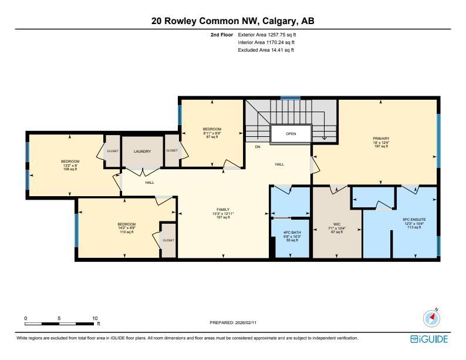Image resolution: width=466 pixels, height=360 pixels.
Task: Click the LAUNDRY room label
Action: [142, 152]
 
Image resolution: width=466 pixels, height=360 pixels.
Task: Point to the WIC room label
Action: [337, 224]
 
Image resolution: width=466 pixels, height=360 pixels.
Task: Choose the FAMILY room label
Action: [222, 210]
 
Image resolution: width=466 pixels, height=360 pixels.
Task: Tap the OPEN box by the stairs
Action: [291, 134]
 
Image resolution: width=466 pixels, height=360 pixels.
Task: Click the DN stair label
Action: [257, 146]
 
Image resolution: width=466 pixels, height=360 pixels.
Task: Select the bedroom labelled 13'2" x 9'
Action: [70, 162]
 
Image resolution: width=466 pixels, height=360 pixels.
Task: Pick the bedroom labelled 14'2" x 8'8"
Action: [126, 224]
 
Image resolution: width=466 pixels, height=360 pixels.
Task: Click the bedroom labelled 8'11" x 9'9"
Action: [212, 129]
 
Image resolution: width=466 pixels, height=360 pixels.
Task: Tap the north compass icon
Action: [432, 318]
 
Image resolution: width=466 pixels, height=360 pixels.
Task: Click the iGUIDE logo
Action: [430, 339]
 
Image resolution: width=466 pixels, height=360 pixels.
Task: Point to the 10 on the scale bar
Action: [94, 318]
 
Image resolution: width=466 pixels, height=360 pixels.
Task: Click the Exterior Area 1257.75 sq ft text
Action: [266, 35]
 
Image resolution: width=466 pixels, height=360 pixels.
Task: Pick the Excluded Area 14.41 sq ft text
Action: [266, 51]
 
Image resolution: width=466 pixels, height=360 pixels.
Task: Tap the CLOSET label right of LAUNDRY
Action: [172, 151]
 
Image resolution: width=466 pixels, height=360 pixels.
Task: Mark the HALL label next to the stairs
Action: [279, 164]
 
